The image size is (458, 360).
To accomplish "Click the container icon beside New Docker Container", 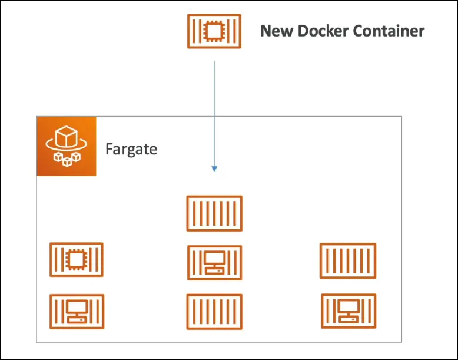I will point(214,31).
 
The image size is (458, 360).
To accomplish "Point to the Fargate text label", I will point(131,148).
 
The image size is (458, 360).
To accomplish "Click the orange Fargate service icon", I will point(66,147).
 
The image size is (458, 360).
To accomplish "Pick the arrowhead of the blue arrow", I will point(214,169).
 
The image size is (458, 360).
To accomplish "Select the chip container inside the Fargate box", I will point(77,259).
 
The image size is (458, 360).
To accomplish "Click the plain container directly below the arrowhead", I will point(214,213).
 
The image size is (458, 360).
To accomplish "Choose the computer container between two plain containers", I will point(214,262).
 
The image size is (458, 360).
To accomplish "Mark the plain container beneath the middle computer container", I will point(214,312).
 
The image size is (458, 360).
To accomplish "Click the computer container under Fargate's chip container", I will point(77,311).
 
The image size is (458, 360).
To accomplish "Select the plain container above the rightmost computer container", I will point(348,260).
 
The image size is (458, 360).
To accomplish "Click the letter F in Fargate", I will point(109,148).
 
